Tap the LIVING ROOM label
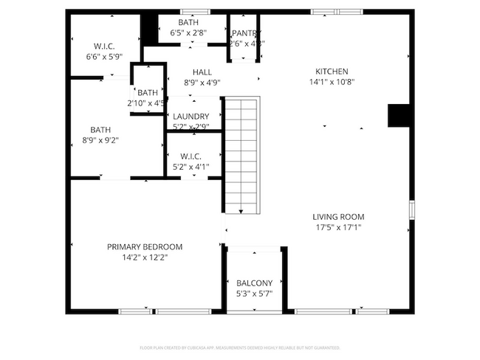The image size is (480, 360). pyautogui.click(x=338, y=217)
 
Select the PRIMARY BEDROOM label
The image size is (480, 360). pyautogui.click(x=145, y=247)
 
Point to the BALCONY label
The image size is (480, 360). pyautogui.click(x=254, y=283)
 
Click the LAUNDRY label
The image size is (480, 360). pyautogui.click(x=191, y=117)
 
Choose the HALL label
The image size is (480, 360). pyautogui.click(x=202, y=72)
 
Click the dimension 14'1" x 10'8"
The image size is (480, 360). pyautogui.click(x=331, y=82)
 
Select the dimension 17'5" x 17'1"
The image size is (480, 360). pyautogui.click(x=338, y=228)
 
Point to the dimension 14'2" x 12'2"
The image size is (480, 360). pyautogui.click(x=145, y=258)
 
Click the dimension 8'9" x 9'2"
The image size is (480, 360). pyautogui.click(x=100, y=139)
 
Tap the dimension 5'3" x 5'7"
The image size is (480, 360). pyautogui.click(x=254, y=294)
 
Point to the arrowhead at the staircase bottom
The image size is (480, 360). pyautogui.click(x=241, y=212)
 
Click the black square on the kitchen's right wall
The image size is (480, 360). pyautogui.click(x=399, y=116)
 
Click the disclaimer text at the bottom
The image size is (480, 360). pyautogui.click(x=240, y=347)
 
